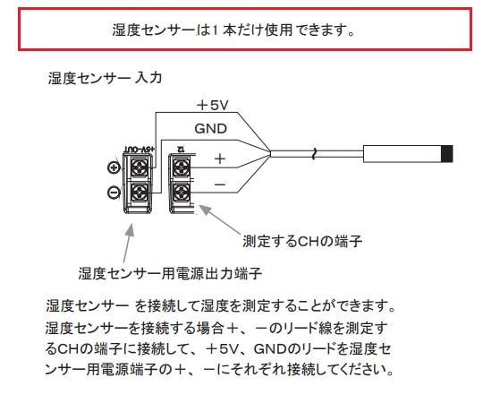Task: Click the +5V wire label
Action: tap(213, 105)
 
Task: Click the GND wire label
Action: tap(210, 128)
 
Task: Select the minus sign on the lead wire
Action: tap(219, 184)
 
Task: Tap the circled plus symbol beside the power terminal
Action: tap(114, 167)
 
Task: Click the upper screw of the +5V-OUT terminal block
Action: tap(140, 166)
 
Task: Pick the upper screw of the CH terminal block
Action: tap(180, 166)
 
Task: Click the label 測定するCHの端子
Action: tap(301, 241)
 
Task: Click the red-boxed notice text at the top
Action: tap(241, 29)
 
